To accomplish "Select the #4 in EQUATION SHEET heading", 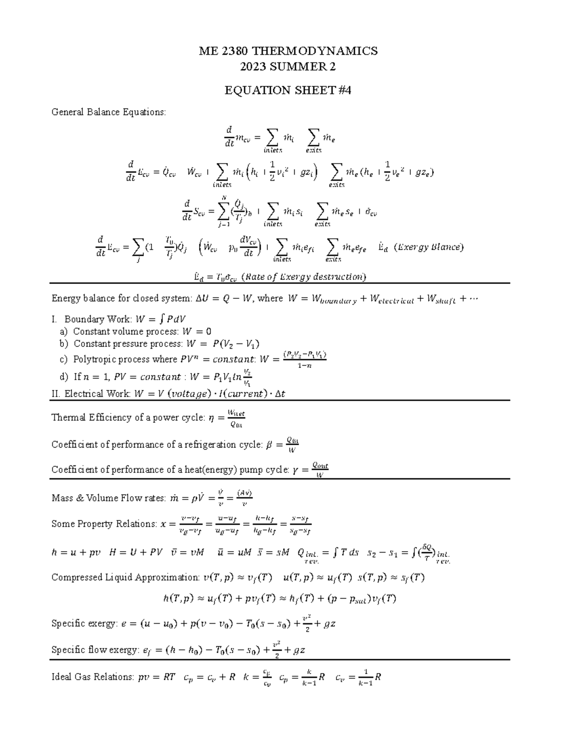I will [x=344, y=90].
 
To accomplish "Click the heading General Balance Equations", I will [x=108, y=112].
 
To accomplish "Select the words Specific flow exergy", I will [x=96, y=650].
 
